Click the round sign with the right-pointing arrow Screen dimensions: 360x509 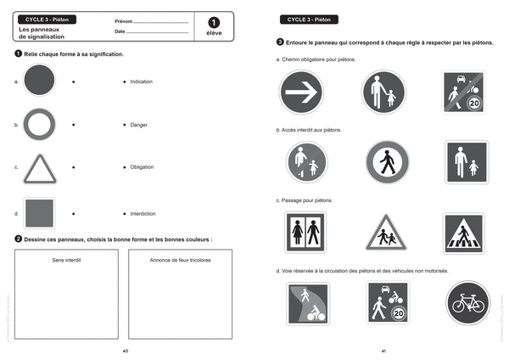pos(301,92)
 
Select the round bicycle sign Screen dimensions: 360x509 pos(468,303)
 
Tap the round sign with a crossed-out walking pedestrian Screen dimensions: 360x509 pos(386,162)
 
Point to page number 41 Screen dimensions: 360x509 pos(383,350)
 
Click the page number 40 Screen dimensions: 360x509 pos(126,350)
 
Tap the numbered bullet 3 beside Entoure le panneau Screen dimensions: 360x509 pos(280,42)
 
